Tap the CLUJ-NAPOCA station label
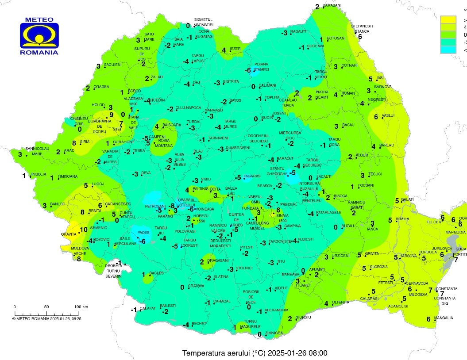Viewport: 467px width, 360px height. coord(188,108)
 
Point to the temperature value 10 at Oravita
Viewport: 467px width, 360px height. coord(83,230)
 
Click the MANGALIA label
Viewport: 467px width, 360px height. coord(443,318)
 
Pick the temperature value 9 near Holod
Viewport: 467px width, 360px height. coord(112,115)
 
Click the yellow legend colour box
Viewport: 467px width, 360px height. coord(448,19)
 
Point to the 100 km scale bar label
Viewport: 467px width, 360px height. coord(81,306)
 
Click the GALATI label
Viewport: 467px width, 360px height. coord(408,200)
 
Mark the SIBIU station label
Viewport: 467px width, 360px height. coord(206,179)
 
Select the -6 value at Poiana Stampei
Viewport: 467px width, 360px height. coord(249,70)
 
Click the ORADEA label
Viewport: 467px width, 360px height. coord(101,87)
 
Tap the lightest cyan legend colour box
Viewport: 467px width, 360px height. coord(448,50)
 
